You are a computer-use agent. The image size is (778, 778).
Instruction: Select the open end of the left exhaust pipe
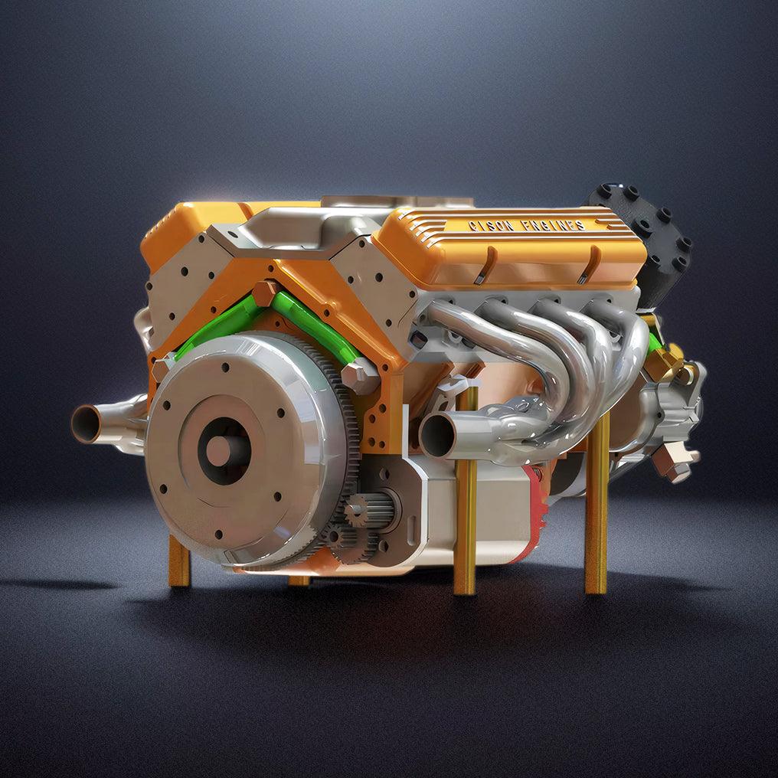[x=86, y=423]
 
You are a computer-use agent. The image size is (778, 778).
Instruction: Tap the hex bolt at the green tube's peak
[x=265, y=294]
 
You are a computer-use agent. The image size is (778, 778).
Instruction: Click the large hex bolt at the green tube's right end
[x=357, y=378]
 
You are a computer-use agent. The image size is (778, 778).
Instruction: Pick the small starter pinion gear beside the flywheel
[x=357, y=511]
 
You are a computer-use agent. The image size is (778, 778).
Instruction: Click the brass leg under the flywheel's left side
[x=178, y=561]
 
